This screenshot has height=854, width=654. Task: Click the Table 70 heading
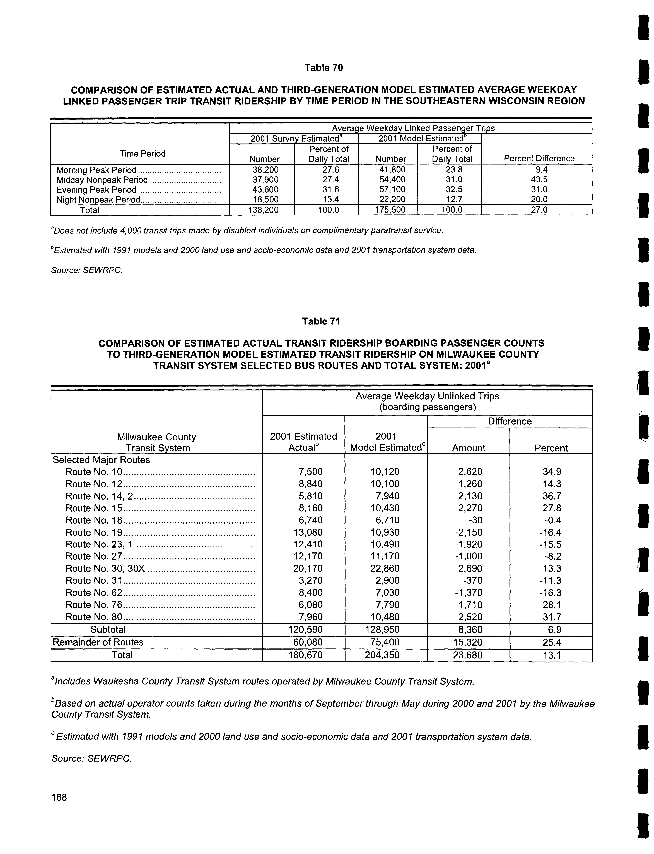pyautogui.click(x=324, y=68)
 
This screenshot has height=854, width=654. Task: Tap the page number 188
pyautogui.click(x=59, y=797)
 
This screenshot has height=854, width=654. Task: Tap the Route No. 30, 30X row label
pyautogui.click(x=105, y=569)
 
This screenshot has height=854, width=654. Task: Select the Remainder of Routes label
pyautogui.click(x=98, y=642)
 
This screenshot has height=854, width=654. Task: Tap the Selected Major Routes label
pyautogui.click(x=101, y=460)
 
